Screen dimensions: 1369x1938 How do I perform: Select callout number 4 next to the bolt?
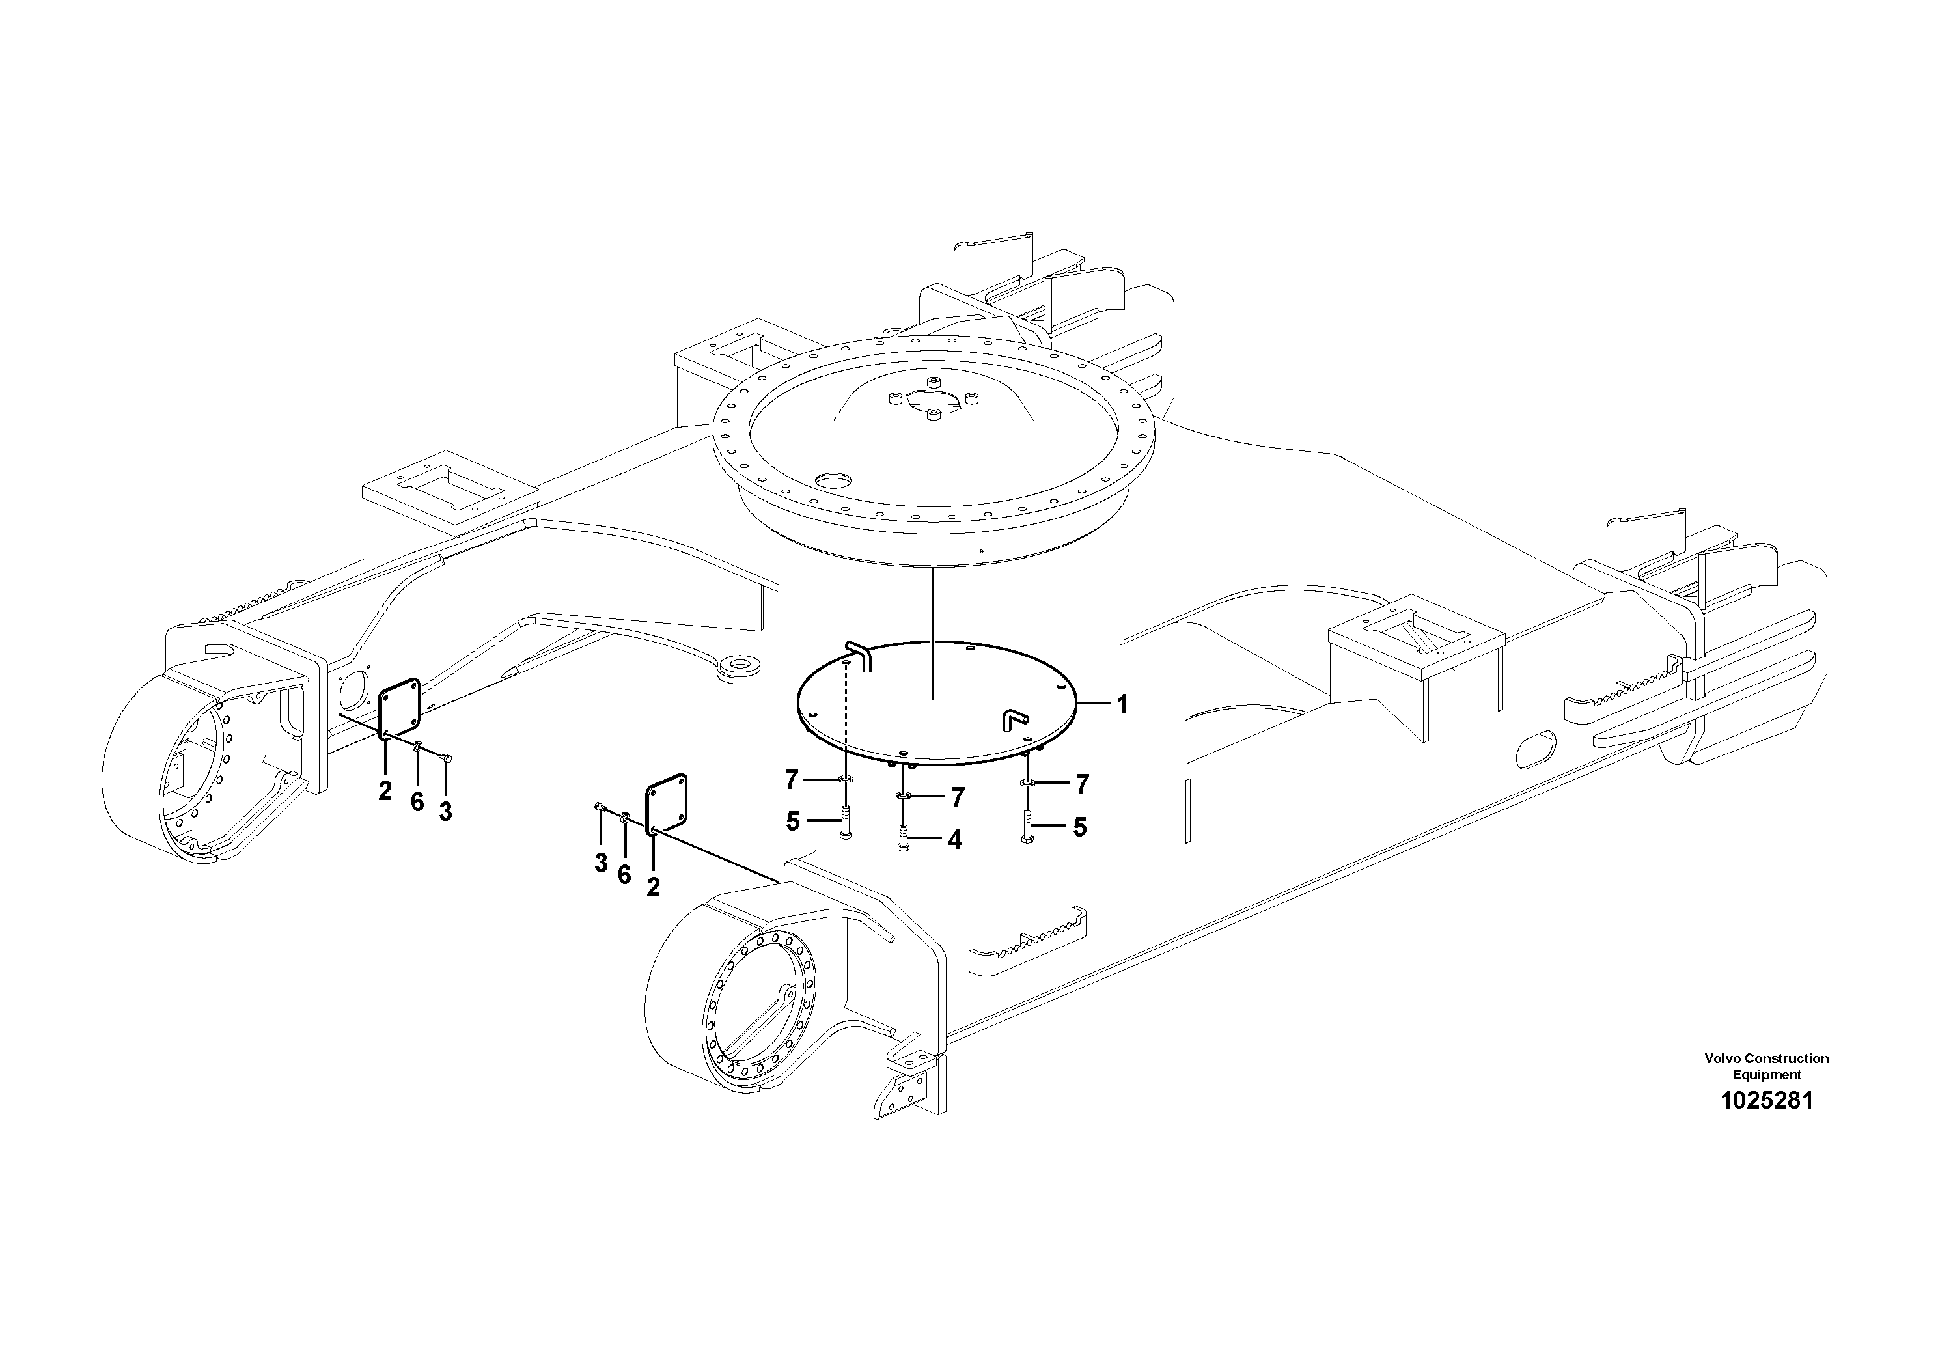point(954,840)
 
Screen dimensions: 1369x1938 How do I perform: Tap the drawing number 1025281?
point(1765,1101)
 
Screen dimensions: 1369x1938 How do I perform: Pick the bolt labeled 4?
point(903,836)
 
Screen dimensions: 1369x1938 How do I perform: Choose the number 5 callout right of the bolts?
point(1079,827)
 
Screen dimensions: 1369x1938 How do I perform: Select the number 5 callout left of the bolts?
point(793,822)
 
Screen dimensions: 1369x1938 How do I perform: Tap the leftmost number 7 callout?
point(791,781)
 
